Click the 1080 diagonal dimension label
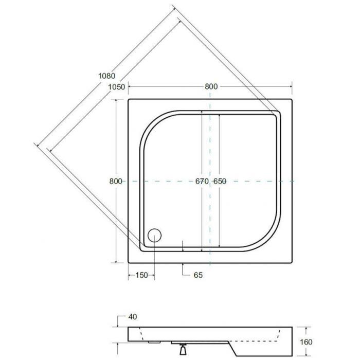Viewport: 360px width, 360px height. tap(107, 76)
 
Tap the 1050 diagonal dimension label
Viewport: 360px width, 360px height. tap(117, 87)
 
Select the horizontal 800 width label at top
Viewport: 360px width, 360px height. tap(211, 86)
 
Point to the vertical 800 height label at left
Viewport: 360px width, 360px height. tap(116, 181)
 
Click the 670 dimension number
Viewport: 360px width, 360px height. tap(202, 181)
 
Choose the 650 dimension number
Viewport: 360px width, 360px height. tap(220, 181)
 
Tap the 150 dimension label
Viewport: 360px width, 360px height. tap(141, 275)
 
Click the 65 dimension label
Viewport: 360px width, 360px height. tap(198, 275)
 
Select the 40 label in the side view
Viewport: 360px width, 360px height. tap(133, 317)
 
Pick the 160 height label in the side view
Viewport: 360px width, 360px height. tap(306, 342)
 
